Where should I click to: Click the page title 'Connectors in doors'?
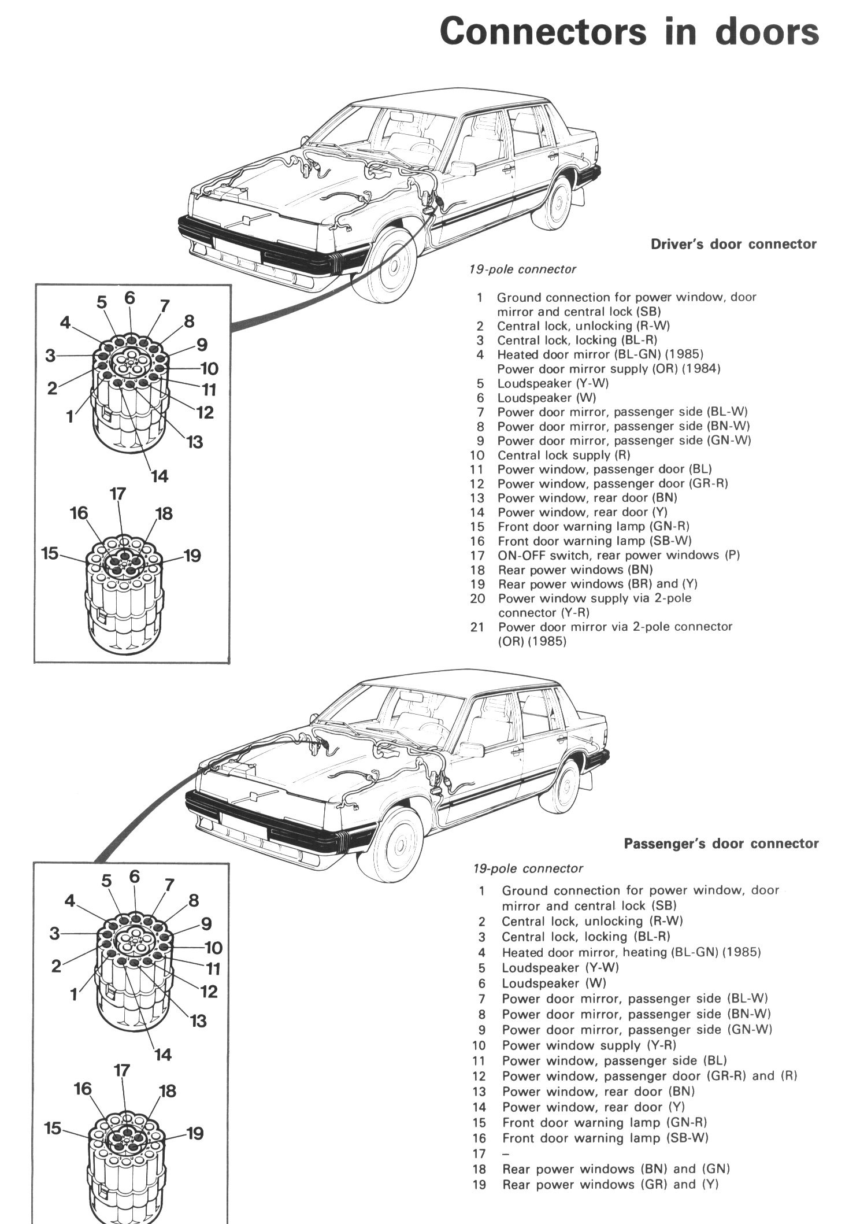point(629,31)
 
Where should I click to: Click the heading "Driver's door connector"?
point(733,244)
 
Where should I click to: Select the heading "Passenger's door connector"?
point(721,844)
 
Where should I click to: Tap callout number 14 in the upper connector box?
point(159,476)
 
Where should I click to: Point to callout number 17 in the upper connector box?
point(117,494)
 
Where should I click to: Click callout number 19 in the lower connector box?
point(195,1133)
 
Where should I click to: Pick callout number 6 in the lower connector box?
point(135,877)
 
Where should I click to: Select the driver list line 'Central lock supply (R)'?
point(563,455)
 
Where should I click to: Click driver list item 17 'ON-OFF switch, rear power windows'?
point(618,555)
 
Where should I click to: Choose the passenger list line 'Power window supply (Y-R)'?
point(588,1045)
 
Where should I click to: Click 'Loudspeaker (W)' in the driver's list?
point(546,398)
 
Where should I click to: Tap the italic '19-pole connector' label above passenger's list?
point(528,868)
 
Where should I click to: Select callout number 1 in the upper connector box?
point(70,416)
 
